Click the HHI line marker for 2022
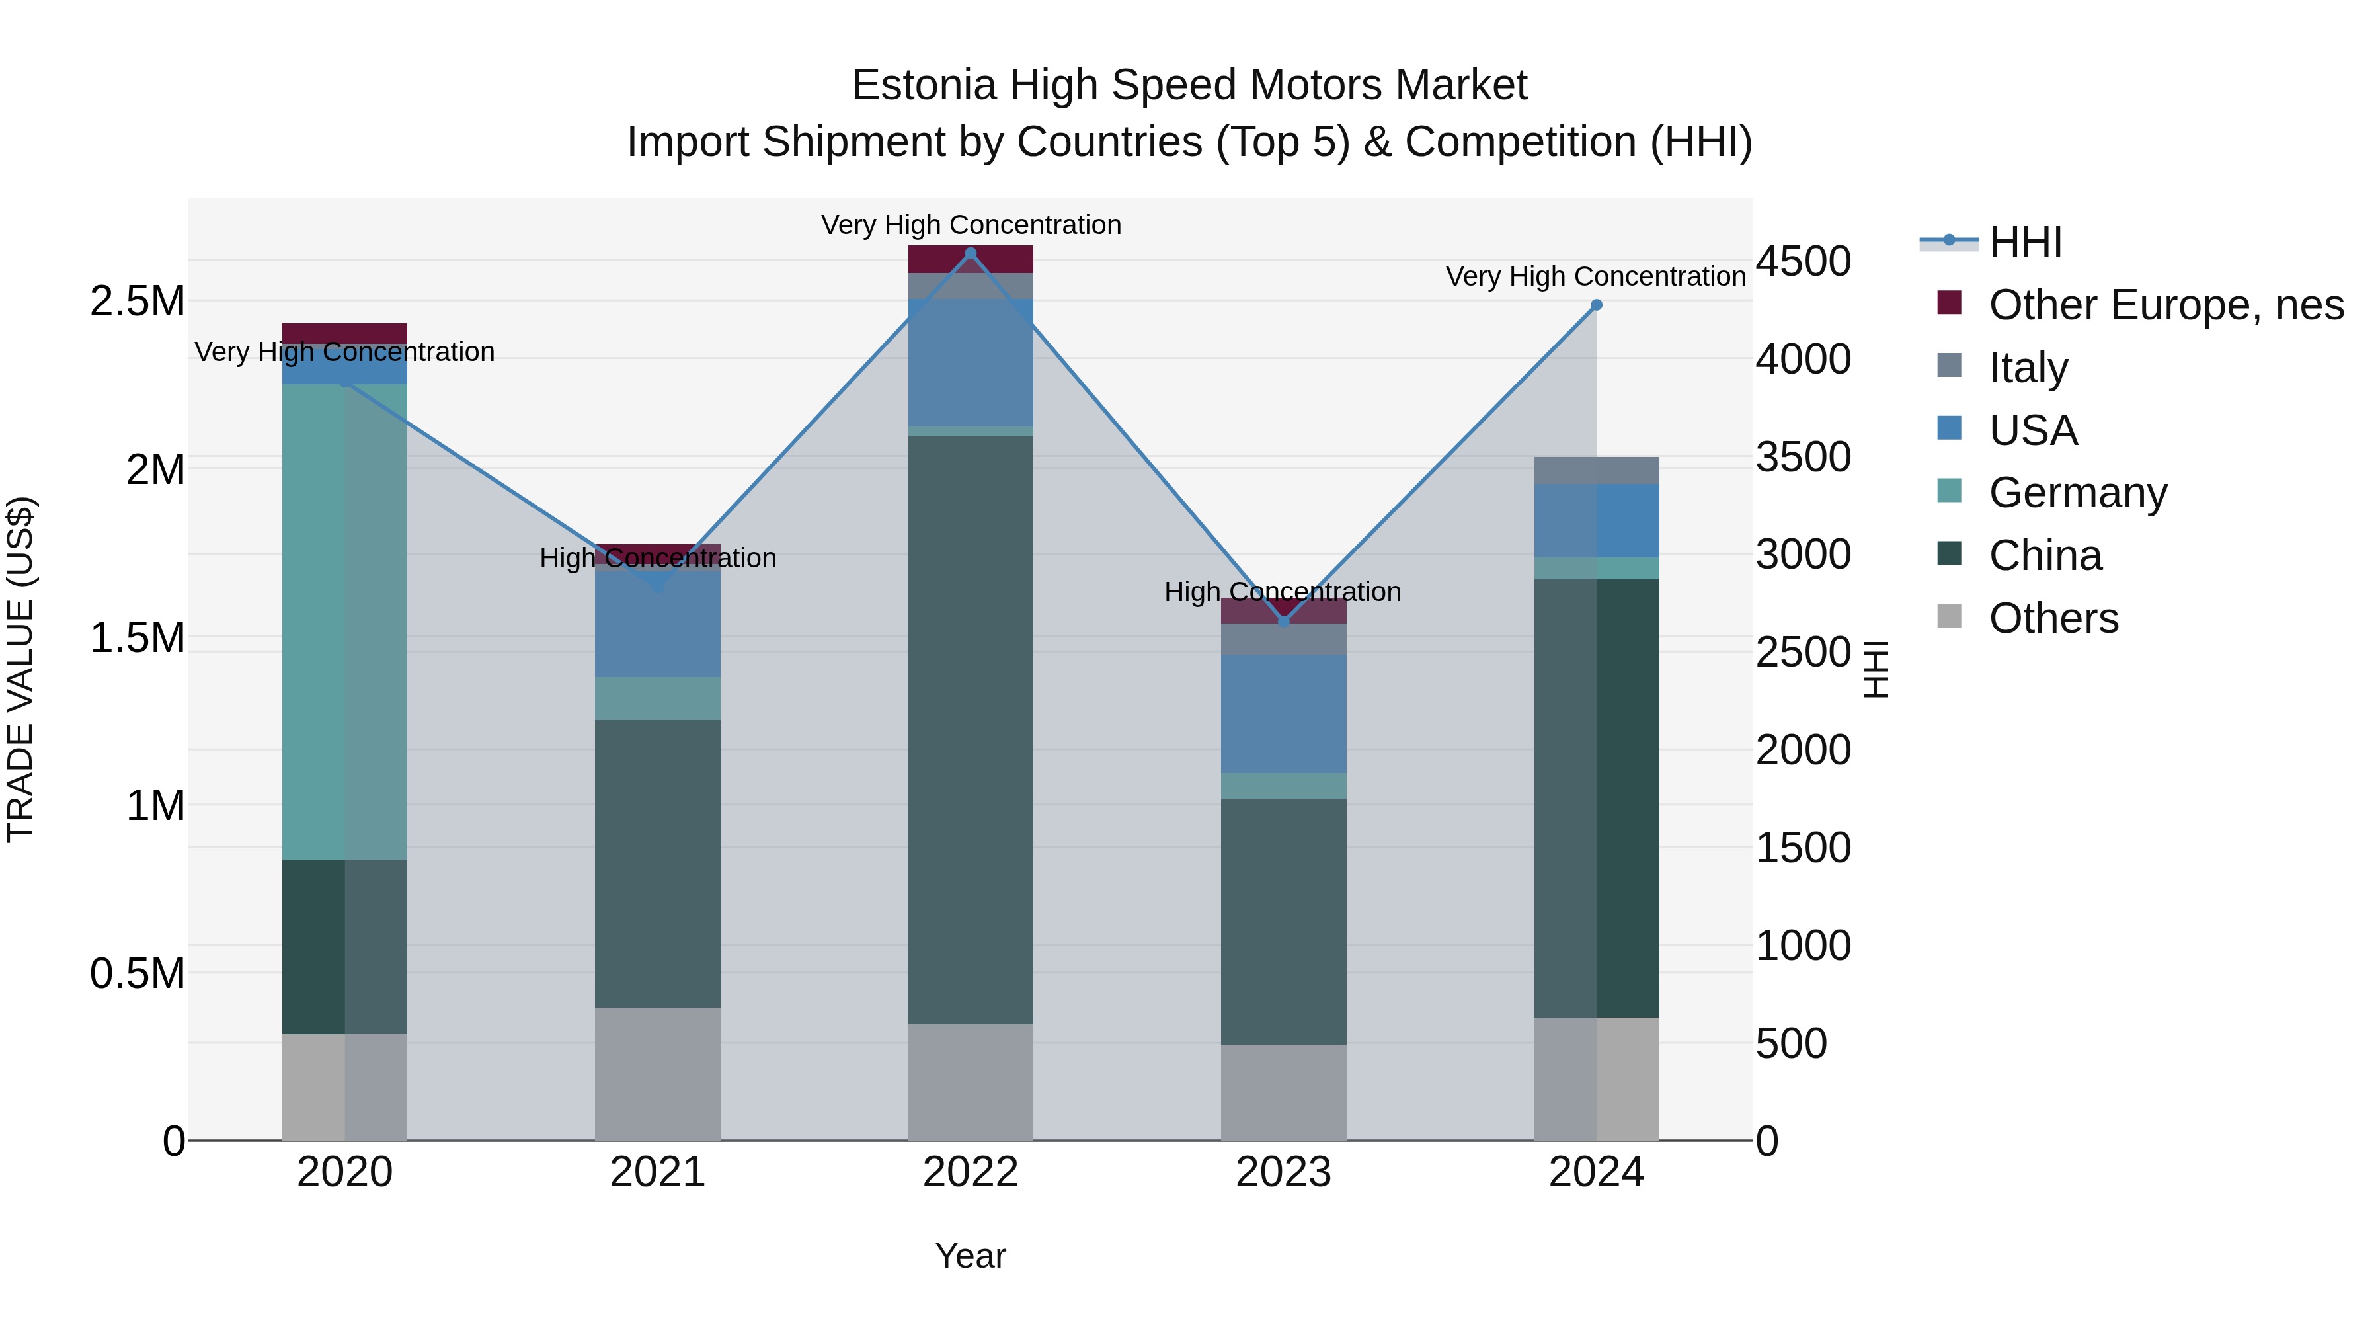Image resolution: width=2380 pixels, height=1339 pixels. click(970, 253)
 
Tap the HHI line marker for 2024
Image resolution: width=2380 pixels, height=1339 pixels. click(1596, 305)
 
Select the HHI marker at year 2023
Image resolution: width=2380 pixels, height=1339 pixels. click(1283, 621)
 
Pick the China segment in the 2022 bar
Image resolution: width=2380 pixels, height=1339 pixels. click(970, 729)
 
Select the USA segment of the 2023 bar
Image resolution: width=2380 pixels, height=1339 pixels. click(1283, 713)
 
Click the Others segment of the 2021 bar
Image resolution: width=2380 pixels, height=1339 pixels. click(657, 1073)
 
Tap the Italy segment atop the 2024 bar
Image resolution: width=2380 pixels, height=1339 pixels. click(1596, 470)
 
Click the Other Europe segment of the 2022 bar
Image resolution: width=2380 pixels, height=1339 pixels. click(970, 259)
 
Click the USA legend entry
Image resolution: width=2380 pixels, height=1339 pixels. click(2033, 430)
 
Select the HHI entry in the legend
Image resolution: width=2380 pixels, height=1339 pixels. click(2024, 242)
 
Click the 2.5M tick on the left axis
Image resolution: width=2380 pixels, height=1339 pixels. click(137, 302)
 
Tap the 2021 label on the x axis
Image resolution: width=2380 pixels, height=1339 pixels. click(657, 1172)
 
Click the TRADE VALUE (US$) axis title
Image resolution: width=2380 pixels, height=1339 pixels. click(20, 669)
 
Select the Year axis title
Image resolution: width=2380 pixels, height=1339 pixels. click(970, 1256)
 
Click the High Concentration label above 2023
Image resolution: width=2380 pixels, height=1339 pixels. click(1283, 591)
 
